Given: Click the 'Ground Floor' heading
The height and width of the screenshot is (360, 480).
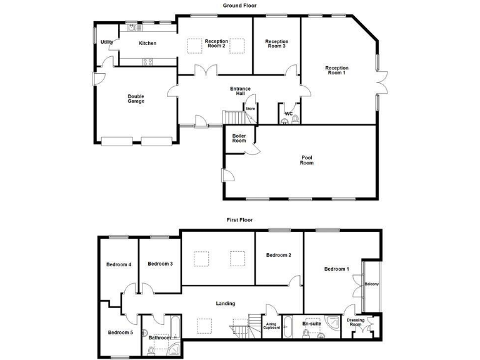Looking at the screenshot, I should [239, 6].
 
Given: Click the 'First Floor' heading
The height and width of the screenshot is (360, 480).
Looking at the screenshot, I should [239, 220].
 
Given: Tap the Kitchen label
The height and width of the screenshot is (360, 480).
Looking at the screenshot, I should [147, 43].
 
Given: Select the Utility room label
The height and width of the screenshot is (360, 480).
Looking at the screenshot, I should [107, 42].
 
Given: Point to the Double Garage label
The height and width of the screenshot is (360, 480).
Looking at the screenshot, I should [136, 99].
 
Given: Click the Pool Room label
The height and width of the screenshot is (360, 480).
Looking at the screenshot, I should [306, 161].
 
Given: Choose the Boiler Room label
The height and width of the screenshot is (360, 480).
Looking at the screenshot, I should [239, 138].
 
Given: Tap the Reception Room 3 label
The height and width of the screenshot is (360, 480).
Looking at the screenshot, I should [276, 44].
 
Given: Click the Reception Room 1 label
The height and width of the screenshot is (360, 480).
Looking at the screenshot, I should [337, 70].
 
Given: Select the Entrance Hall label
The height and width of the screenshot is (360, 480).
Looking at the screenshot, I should [240, 91].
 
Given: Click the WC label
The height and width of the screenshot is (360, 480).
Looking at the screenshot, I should [289, 113].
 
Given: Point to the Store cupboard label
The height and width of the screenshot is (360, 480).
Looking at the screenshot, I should [250, 109].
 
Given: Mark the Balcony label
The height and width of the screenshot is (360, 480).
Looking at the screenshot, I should [371, 284].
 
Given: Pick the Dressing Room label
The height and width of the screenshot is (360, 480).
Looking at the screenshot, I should [356, 322].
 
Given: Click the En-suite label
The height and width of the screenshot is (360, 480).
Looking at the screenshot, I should [311, 324].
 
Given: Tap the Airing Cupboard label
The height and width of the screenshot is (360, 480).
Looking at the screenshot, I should [271, 326].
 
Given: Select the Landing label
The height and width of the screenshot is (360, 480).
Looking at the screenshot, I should [226, 304].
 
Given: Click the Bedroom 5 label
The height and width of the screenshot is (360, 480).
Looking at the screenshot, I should [120, 332].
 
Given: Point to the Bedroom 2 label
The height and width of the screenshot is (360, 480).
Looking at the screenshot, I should [278, 255].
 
